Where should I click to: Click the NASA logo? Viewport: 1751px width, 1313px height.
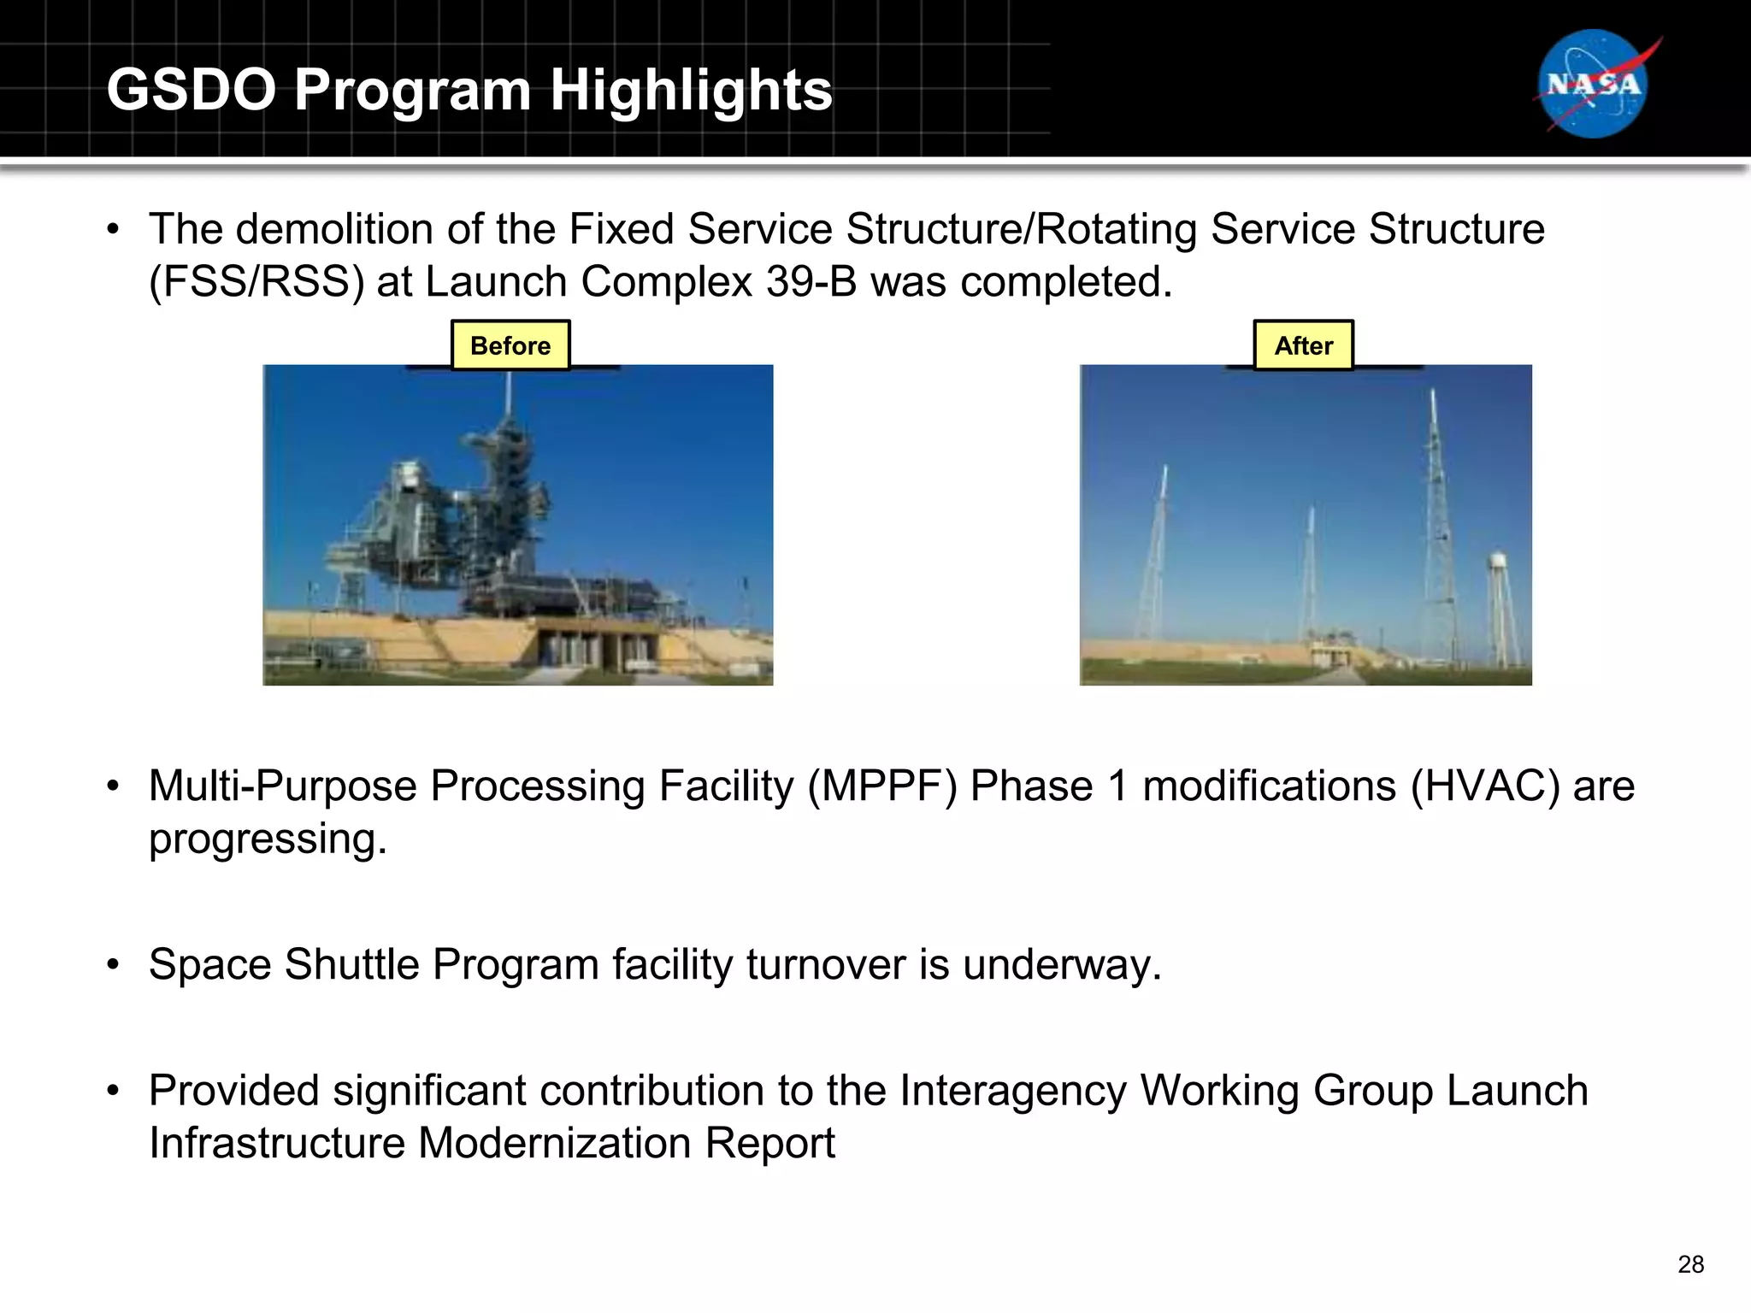(x=1594, y=84)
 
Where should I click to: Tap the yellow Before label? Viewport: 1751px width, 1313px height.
(x=510, y=345)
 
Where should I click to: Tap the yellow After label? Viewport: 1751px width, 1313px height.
(x=1303, y=345)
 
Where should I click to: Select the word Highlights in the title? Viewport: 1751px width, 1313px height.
(x=691, y=90)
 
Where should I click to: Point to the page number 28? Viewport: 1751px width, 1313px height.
(x=1690, y=1264)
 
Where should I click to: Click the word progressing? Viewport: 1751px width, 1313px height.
(x=267, y=839)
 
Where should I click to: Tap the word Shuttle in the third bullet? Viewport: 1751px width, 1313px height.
(x=351, y=964)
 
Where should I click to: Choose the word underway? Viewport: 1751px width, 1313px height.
(x=1062, y=964)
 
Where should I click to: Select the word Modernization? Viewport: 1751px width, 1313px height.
(x=554, y=1143)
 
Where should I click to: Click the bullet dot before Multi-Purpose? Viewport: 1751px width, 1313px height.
(x=113, y=786)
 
